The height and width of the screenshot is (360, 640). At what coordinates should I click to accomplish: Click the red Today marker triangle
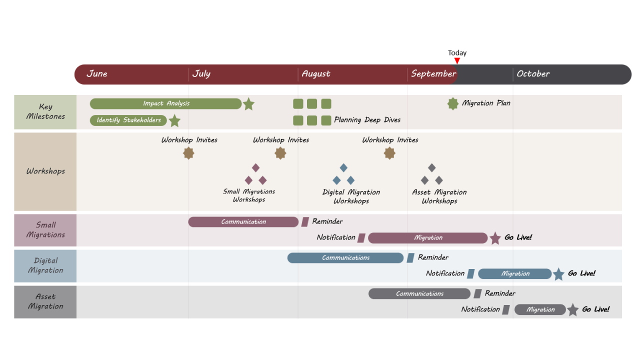click(x=457, y=61)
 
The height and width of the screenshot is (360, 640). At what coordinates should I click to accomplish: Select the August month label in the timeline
click(x=316, y=74)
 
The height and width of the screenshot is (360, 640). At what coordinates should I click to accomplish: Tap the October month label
click(x=533, y=74)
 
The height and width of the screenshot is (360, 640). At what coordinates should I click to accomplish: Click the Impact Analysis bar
click(x=166, y=103)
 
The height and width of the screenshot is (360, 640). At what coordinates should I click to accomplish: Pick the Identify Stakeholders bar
click(x=128, y=120)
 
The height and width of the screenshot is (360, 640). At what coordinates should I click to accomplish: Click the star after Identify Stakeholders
click(x=174, y=120)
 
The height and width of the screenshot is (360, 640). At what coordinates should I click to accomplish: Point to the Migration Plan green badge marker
click(x=453, y=103)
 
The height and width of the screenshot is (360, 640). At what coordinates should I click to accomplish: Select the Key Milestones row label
click(x=45, y=111)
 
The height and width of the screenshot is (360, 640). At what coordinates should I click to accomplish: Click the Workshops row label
click(x=45, y=171)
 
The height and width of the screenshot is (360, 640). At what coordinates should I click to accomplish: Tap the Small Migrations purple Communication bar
click(x=243, y=221)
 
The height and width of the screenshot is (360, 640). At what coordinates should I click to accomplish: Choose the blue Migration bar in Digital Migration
click(x=514, y=273)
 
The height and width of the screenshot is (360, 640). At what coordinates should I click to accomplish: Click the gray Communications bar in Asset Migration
click(x=419, y=293)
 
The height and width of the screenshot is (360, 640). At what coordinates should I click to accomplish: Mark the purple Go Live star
click(x=495, y=238)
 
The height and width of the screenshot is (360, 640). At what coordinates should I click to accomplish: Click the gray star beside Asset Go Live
click(x=573, y=309)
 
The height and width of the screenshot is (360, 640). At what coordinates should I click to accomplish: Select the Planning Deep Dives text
click(x=367, y=120)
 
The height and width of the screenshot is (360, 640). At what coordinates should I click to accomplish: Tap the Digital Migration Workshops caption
click(x=351, y=196)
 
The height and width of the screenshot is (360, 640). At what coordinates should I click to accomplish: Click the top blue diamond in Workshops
click(x=343, y=167)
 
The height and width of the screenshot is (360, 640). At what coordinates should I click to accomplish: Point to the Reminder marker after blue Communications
click(x=410, y=257)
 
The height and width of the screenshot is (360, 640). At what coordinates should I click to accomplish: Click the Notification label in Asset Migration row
click(x=480, y=309)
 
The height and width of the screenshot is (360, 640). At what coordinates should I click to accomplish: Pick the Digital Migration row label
click(x=45, y=265)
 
